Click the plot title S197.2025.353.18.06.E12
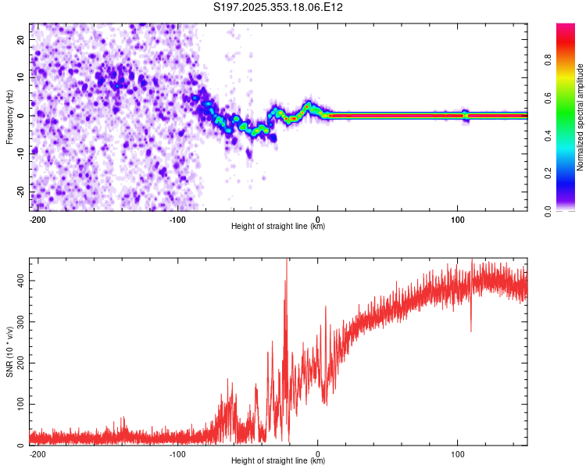(x=279, y=8)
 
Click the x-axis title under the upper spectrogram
(x=278, y=227)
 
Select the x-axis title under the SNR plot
(x=278, y=461)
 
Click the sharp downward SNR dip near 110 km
(x=470, y=328)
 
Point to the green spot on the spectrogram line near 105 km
(x=466, y=115)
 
